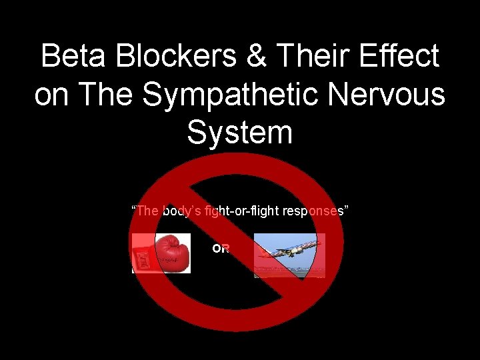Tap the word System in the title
(x=240, y=132)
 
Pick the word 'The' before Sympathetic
(x=106, y=94)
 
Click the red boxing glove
(x=172, y=252)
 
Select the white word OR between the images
(x=221, y=249)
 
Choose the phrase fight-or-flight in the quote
(x=243, y=211)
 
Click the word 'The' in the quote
(x=147, y=211)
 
